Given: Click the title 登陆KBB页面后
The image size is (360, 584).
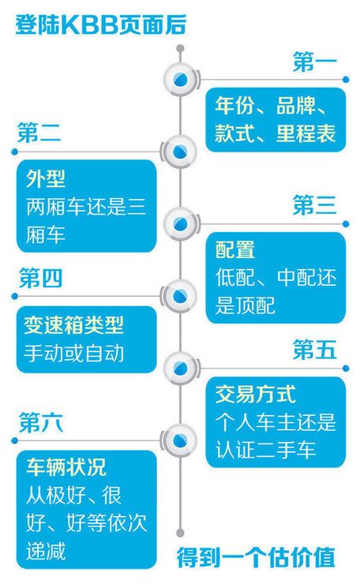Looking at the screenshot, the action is (x=100, y=25).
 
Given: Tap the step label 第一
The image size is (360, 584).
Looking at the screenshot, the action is (x=315, y=62).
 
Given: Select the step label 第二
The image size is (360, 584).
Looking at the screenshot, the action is (x=39, y=133).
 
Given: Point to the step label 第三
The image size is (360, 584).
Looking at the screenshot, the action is (x=315, y=205).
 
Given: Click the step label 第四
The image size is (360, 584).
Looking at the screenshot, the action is (x=40, y=278).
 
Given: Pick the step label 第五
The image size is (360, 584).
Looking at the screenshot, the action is (x=315, y=350).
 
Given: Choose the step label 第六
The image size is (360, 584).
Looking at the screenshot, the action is (x=40, y=422).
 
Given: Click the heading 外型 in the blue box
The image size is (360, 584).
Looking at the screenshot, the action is (x=46, y=179).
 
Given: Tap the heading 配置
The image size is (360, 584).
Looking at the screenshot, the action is (x=235, y=249).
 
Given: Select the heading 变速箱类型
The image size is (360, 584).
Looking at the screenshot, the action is (x=73, y=325).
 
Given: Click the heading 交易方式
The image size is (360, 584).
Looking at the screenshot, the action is (x=255, y=394).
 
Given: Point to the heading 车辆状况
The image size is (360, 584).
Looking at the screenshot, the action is (x=66, y=467).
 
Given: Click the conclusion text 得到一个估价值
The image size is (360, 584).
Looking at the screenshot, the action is (x=256, y=557).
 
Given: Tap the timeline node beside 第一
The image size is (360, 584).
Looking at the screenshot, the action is (x=180, y=80).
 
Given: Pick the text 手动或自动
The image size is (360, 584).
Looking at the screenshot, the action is (x=73, y=353).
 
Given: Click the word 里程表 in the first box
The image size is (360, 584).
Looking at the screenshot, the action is (x=306, y=133).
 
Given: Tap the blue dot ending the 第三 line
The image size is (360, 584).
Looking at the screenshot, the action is (x=346, y=224).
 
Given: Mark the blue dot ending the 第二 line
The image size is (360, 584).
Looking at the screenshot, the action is (x=14, y=152).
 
